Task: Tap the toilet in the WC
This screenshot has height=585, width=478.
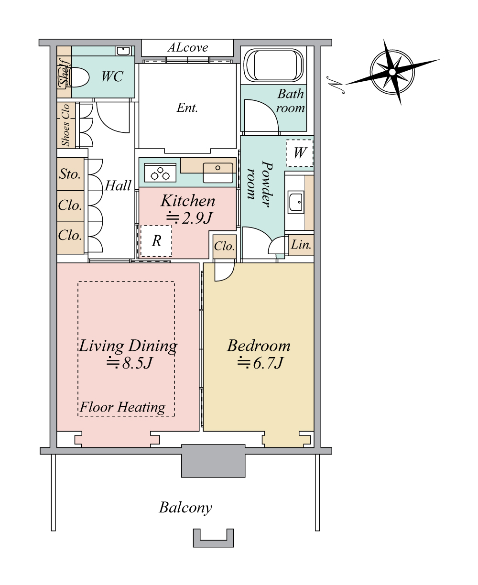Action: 75,77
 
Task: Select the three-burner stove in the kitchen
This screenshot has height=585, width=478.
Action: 160,173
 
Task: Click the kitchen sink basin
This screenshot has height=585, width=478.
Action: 218,173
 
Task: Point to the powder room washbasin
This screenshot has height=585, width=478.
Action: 296,202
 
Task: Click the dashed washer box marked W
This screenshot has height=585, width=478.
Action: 300,153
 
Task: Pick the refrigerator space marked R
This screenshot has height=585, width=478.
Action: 156,241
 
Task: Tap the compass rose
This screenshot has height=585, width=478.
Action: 392,72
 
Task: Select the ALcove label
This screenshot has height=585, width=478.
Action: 188,48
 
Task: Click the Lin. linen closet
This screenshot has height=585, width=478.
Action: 301,245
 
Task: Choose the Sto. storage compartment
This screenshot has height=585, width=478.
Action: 70,174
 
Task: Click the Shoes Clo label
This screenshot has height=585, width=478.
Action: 65,125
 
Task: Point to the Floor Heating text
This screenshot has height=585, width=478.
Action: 122,407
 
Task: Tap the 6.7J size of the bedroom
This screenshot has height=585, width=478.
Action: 261,363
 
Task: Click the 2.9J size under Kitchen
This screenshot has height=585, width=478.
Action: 189,218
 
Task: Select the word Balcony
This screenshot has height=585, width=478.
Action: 185,507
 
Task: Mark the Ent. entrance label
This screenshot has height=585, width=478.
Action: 187,108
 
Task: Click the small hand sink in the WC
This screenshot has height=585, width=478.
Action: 123,51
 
